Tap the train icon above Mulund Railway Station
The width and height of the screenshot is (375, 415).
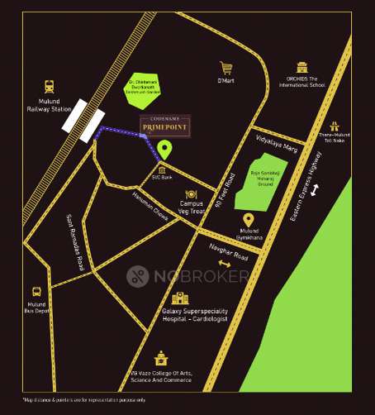pyautogui.click(x=50, y=85)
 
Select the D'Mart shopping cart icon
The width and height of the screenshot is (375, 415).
pyautogui.click(x=225, y=68)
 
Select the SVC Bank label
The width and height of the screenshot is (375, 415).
pyautogui.click(x=162, y=177)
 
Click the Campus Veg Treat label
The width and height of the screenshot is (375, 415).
pyautogui.click(x=192, y=207)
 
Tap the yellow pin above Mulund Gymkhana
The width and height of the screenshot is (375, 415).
pyautogui.click(x=248, y=219)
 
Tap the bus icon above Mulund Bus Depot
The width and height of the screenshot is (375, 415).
pyautogui.click(x=37, y=292)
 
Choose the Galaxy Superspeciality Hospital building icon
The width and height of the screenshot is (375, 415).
pyautogui.click(x=180, y=298)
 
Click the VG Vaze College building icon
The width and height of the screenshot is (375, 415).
pyautogui.click(x=160, y=359)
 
